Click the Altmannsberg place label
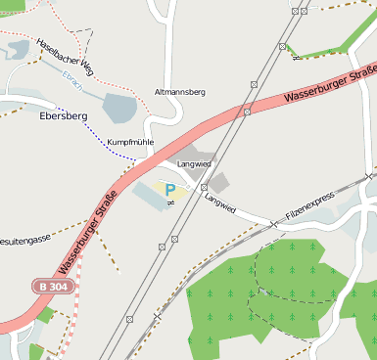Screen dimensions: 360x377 tap(179, 92)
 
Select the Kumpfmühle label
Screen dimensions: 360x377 tap(131, 143)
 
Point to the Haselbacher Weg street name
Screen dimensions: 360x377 tap(64, 56)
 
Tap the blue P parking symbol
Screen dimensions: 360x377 tap(169, 189)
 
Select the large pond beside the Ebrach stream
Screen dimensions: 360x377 tap(120, 109)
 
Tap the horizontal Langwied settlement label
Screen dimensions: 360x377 tap(194, 164)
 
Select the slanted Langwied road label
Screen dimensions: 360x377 tap(220, 202)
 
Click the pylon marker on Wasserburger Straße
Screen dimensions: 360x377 tap(248, 112)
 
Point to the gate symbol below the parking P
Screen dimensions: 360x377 tap(170, 202)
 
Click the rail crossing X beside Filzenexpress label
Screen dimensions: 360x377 tap(274, 224)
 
